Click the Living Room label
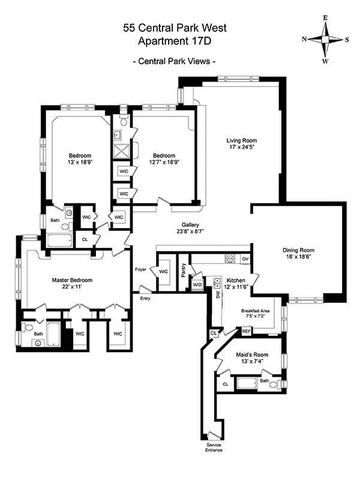pos(242,140)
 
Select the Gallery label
pos(190,225)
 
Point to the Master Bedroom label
pos(72,280)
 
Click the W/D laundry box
pos(197,284)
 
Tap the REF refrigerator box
pos(246,331)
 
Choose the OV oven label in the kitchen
pos(245,259)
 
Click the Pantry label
pos(184,271)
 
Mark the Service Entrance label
pos(214,448)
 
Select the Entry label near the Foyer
pos(145,298)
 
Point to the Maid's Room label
pos(252,355)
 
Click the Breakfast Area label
pos(256,311)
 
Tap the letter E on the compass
pos(325,18)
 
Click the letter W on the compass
pos(325,61)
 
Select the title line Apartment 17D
pos(175,41)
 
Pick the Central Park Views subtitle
pos(175,61)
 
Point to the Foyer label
pos(140,269)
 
